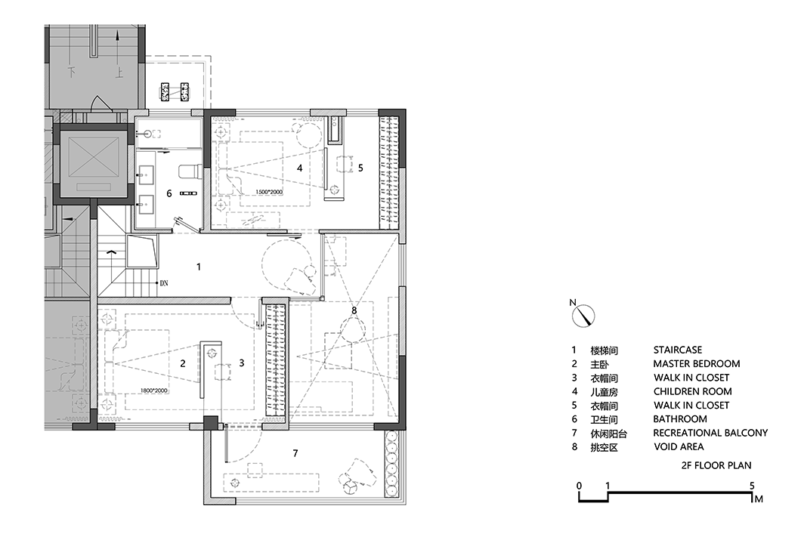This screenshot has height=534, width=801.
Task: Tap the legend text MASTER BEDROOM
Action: [696, 364]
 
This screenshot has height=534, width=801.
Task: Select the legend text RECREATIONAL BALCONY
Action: [710, 433]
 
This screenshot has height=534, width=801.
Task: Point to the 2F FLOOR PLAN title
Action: [716, 466]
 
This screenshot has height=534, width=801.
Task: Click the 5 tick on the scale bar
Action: [752, 486]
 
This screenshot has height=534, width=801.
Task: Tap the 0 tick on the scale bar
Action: [579, 486]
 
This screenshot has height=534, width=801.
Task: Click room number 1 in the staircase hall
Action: [199, 267]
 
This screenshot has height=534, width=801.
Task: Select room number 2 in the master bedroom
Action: [183, 363]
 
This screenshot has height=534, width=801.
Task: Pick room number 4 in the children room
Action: [300, 168]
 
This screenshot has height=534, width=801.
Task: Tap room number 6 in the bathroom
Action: [169, 193]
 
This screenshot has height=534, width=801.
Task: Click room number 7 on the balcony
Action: [295, 453]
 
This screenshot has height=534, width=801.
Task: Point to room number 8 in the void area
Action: [353, 310]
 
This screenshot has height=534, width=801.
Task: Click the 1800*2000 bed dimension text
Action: [153, 390]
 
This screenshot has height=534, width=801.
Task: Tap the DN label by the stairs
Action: [163, 283]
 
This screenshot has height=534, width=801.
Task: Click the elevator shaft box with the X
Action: [90, 162]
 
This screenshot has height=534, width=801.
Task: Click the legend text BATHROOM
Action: [680, 419]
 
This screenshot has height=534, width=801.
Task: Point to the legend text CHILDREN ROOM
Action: [692, 392]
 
